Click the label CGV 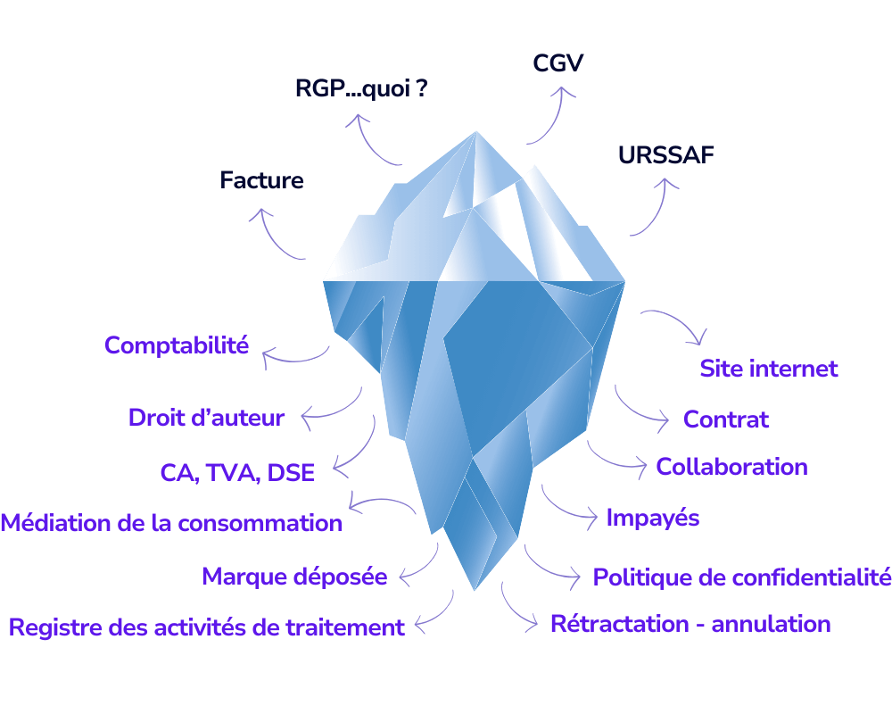point(558,63)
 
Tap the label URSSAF point(665,155)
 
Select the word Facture point(261,180)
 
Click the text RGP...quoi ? point(361,88)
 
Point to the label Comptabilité point(177,345)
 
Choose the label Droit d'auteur point(206,418)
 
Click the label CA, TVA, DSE point(237,473)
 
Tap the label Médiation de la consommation point(171,523)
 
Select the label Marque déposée point(294,577)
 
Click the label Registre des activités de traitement point(207,627)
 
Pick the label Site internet point(769,369)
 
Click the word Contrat point(726,419)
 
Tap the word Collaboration point(731,467)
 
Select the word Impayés point(653,519)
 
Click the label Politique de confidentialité point(742,577)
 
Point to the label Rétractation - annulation point(690,624)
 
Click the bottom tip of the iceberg point(475,591)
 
